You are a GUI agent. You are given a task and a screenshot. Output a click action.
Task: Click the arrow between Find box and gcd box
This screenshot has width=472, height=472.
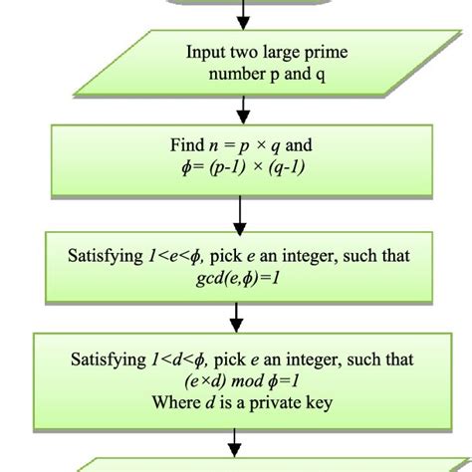tap(236, 211)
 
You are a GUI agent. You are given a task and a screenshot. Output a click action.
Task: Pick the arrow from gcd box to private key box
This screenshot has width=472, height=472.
tap(236, 316)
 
